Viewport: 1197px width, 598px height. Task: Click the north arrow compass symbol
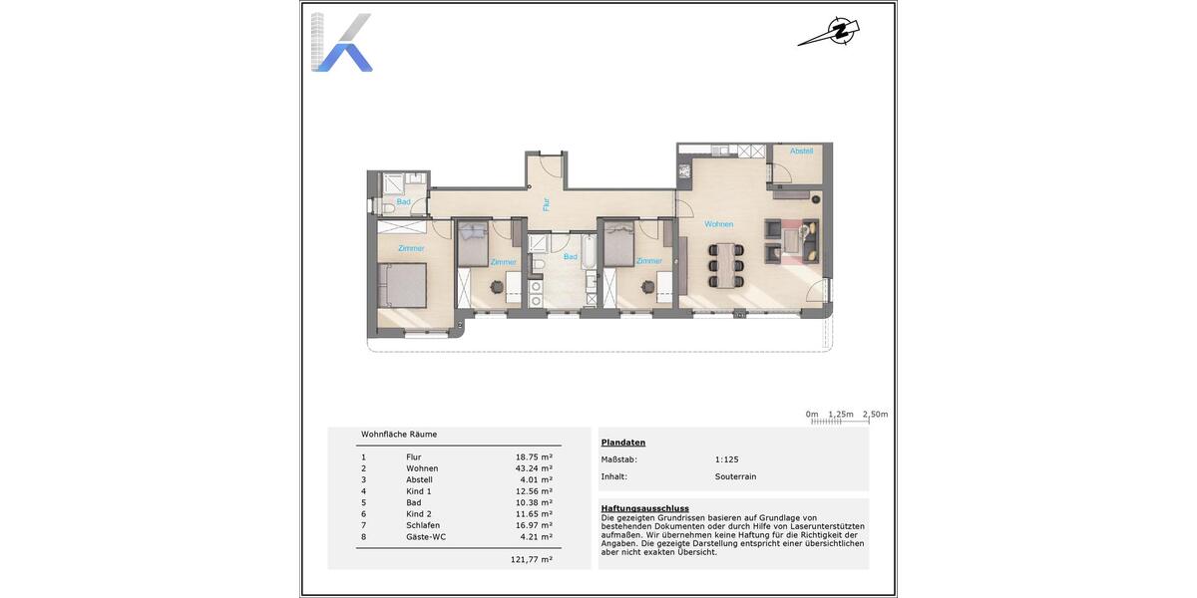click(829, 32)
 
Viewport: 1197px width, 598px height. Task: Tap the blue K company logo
click(341, 43)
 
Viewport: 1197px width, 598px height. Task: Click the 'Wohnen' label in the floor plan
click(718, 224)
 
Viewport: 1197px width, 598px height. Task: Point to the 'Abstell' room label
click(801, 151)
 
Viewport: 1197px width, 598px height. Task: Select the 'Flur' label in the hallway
click(547, 204)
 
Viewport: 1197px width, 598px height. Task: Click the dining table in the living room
click(726, 265)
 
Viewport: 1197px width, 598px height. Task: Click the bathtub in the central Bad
click(589, 255)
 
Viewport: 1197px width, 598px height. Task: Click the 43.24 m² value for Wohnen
click(533, 468)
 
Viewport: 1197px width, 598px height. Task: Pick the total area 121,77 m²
click(533, 560)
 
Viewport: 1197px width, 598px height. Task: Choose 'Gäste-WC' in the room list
click(426, 536)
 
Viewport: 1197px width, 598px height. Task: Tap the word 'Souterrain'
click(735, 476)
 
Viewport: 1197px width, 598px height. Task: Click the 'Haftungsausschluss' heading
click(644, 508)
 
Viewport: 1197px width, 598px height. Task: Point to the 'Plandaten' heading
click(622, 443)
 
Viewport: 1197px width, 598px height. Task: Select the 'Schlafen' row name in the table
click(423, 525)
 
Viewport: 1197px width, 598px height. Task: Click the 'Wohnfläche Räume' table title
click(399, 435)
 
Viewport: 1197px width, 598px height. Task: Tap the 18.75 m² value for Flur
click(533, 457)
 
